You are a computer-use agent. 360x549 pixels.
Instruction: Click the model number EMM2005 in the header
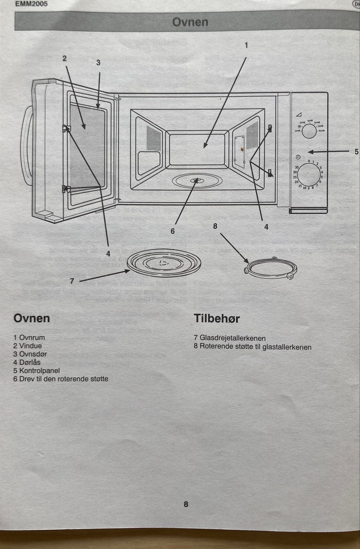pyautogui.click(x=31, y=5)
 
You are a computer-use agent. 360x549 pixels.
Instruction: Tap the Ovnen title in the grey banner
pyautogui.click(x=190, y=22)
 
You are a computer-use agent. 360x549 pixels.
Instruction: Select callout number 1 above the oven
pyautogui.click(x=246, y=45)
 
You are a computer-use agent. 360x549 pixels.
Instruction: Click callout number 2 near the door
pyautogui.click(x=64, y=58)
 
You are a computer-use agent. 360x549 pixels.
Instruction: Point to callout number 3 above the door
pyautogui.click(x=98, y=63)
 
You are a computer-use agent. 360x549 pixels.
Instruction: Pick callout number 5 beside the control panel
pyautogui.click(x=356, y=152)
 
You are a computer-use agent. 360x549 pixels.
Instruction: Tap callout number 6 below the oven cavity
pyautogui.click(x=172, y=231)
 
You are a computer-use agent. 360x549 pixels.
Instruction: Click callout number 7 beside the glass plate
pyautogui.click(x=72, y=281)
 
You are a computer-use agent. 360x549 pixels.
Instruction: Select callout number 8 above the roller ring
pyautogui.click(x=215, y=226)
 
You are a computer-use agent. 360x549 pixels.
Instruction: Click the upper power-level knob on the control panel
pyautogui.click(x=309, y=131)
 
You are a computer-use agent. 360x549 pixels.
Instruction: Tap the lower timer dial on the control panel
pyautogui.click(x=309, y=175)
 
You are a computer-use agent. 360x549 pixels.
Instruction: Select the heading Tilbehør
pyautogui.click(x=216, y=318)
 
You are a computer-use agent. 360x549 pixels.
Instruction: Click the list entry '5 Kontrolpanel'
pyautogui.click(x=36, y=370)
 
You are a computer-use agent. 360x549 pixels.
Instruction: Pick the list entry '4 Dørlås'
pyautogui.click(x=27, y=362)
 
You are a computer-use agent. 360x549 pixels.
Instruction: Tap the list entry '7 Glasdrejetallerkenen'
pyautogui.click(x=229, y=338)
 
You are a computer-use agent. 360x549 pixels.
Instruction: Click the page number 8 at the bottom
pyautogui.click(x=186, y=504)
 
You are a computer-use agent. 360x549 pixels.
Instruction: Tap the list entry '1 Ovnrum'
pyautogui.click(x=29, y=337)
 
